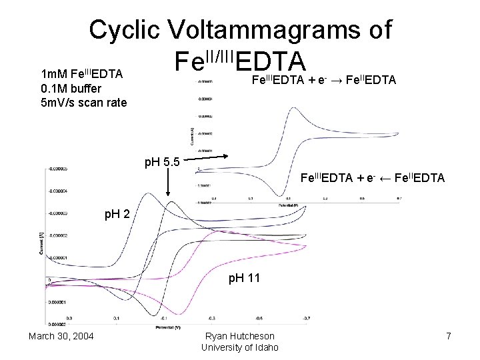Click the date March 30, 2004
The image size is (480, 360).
(61, 335)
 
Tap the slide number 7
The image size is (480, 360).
(449, 335)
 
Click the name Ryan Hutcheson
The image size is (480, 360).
(239, 336)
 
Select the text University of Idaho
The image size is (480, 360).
(239, 347)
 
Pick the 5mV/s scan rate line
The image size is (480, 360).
(83, 103)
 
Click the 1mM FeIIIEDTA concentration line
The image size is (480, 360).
(82, 73)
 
